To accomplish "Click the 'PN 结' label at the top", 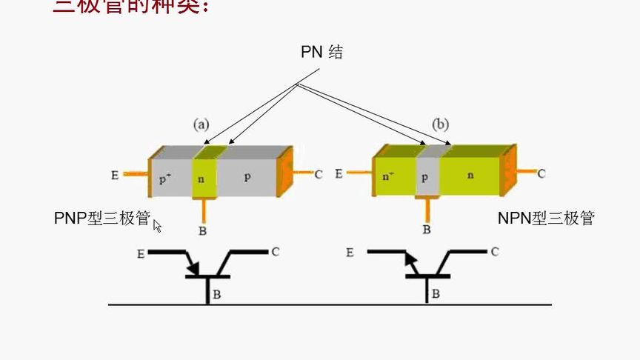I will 321,53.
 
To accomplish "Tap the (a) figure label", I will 201,124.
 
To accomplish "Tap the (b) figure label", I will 440,124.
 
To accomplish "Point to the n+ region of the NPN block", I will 388,176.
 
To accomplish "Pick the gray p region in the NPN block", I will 425,179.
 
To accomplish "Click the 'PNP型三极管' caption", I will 102,219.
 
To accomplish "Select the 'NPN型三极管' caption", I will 546,219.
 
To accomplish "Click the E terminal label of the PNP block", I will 115,176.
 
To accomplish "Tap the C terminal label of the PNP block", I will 318,175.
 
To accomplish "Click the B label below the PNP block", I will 203,231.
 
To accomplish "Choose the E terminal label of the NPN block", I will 339,173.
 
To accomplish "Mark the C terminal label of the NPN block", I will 541,174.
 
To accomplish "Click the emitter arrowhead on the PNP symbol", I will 194,268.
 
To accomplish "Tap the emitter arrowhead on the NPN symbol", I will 407,259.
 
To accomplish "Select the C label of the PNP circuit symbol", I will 275,252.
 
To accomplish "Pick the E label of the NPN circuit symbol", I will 350,253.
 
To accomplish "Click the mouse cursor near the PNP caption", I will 157,225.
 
